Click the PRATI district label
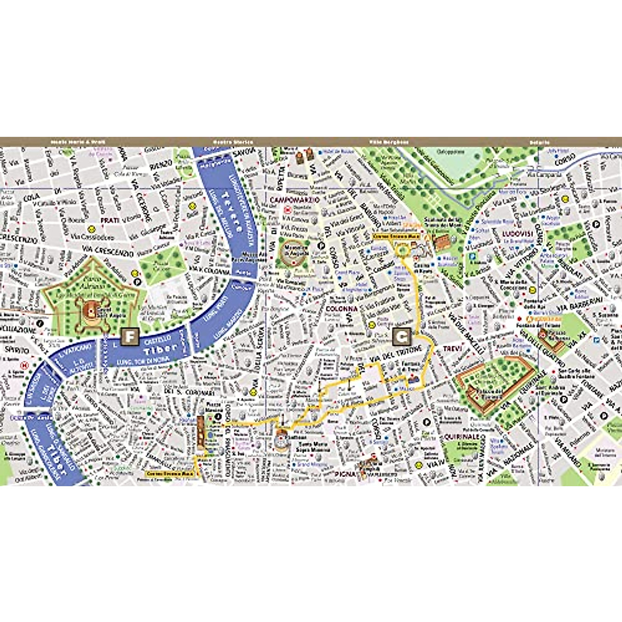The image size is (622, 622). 110,220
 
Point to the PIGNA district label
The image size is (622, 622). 345,474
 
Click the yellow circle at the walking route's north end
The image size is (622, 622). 402,250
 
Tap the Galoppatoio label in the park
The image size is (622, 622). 449,152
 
